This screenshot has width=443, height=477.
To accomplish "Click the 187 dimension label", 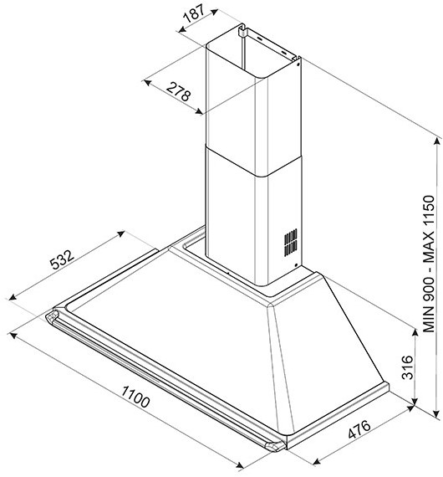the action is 195,13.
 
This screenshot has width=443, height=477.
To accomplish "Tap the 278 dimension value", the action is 179,91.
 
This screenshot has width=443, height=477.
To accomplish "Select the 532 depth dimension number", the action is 62,259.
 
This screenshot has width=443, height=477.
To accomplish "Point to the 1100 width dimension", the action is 135,397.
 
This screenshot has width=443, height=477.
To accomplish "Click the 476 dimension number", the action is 359,429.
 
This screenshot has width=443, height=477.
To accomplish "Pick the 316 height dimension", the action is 407,367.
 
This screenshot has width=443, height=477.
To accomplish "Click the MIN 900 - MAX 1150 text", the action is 429,264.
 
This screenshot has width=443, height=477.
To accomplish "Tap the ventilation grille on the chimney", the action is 291,243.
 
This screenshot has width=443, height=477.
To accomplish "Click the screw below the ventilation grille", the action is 296,265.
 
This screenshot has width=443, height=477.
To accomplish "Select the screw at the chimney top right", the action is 298,64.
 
